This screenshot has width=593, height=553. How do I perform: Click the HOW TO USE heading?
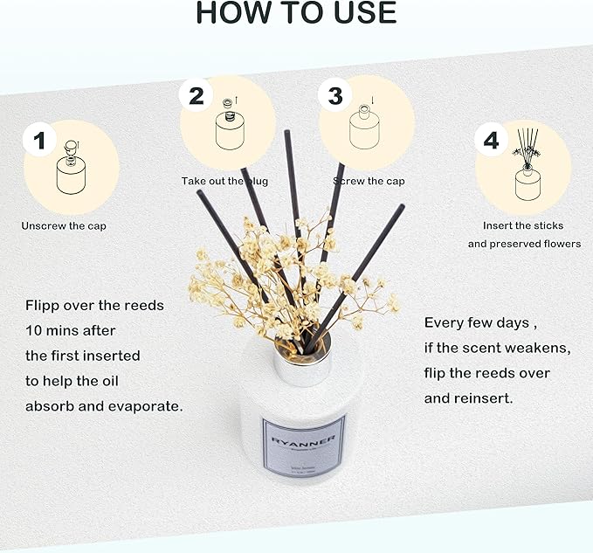(296, 13)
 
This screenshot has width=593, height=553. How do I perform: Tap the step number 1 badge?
(39, 140)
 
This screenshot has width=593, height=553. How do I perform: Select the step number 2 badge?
(197, 94)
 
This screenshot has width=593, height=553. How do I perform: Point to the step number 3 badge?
(335, 95)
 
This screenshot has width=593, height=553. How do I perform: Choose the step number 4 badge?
(492, 140)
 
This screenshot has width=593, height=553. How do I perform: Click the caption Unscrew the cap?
(65, 226)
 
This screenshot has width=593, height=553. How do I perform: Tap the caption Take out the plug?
(224, 182)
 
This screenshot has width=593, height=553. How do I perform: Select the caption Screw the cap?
(368, 182)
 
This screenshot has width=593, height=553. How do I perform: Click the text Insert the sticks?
(523, 226)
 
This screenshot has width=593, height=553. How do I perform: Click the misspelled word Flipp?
(44, 306)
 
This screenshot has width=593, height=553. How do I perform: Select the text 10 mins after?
(70, 331)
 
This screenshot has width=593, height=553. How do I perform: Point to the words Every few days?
(477, 323)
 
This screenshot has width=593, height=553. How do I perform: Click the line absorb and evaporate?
(104, 406)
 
